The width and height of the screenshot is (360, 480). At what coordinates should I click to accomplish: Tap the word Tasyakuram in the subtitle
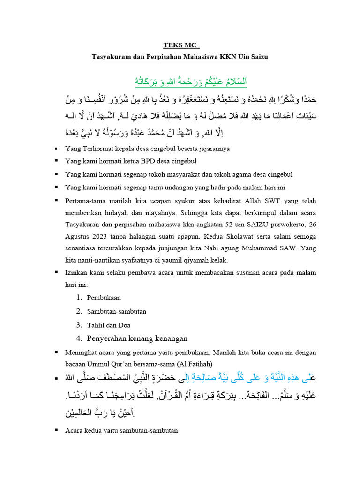click(111, 57)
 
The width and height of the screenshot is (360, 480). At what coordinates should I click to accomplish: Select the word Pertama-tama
click(84, 201)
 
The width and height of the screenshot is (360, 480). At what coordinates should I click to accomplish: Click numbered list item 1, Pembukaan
click(104, 298)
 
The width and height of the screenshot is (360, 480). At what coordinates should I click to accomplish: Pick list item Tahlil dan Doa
click(108, 325)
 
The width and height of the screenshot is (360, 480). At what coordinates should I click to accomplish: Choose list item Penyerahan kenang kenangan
click(137, 338)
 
